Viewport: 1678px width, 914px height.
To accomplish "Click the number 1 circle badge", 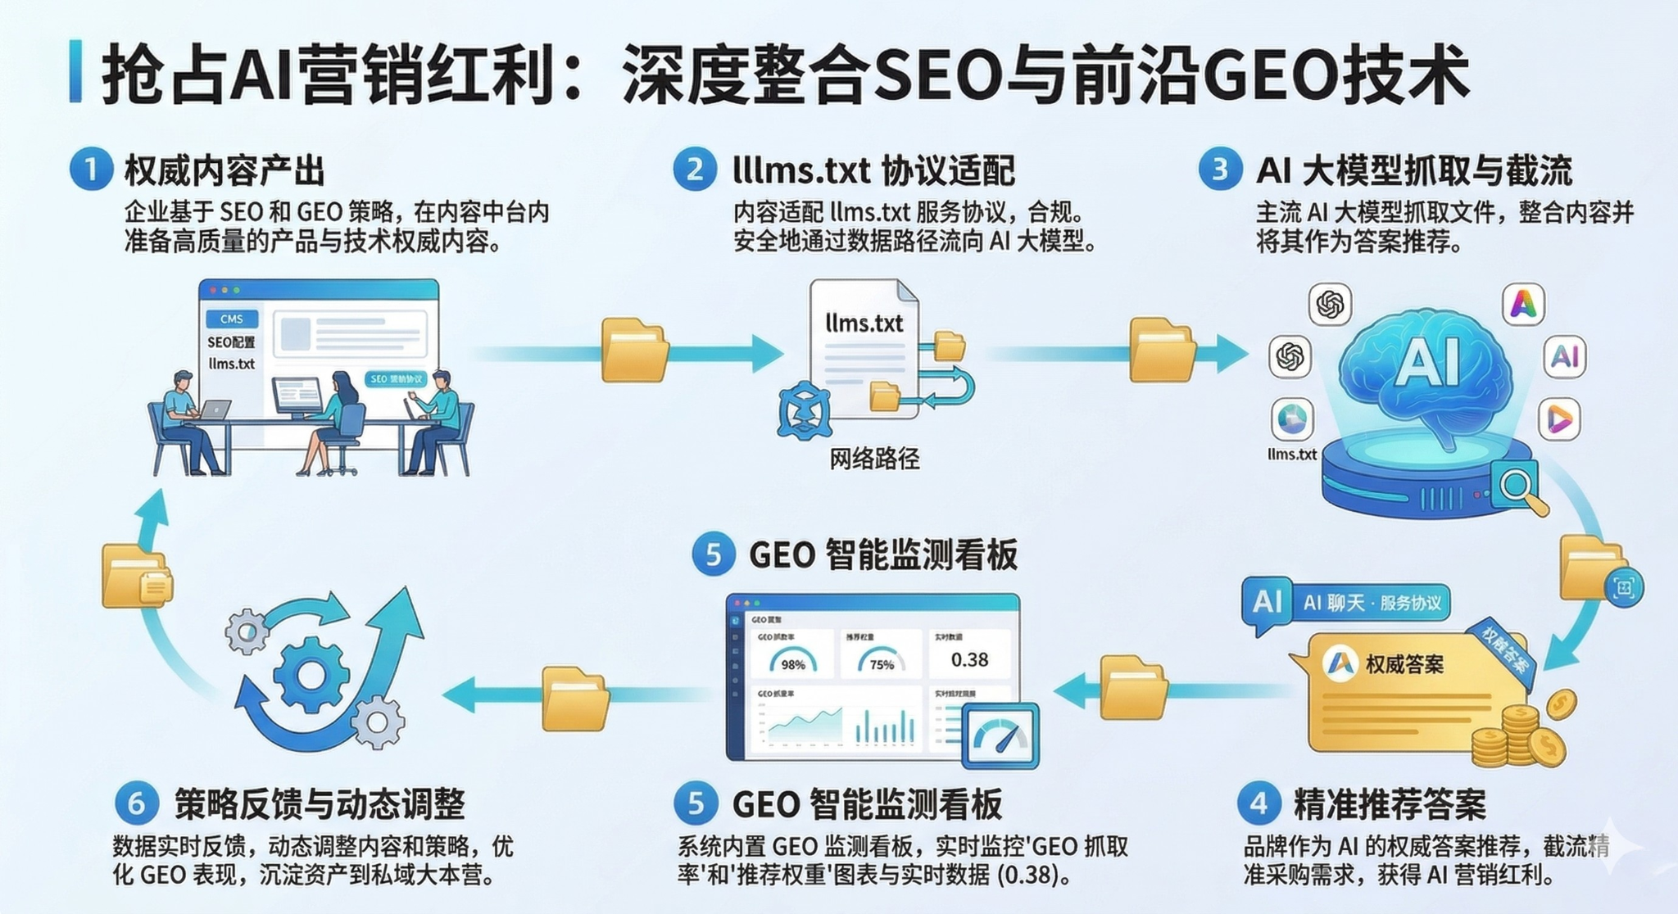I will (x=91, y=170).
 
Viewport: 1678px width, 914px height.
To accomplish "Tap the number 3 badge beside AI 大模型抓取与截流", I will (x=1220, y=170).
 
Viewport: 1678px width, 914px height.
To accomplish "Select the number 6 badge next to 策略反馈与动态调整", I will (x=137, y=803).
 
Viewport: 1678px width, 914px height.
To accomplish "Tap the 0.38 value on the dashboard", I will (x=969, y=659).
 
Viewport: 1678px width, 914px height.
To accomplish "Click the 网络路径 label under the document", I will (x=874, y=459).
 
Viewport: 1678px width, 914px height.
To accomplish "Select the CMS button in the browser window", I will (x=232, y=319).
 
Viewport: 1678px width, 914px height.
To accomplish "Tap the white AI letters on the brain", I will (x=1430, y=361).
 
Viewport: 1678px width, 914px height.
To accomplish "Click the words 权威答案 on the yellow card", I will (x=1404, y=664).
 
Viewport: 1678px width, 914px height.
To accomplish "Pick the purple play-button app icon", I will (x=1559, y=420).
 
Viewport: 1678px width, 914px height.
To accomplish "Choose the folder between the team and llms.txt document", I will (x=633, y=351).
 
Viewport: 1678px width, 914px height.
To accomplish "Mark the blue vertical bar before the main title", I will (x=76, y=71).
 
